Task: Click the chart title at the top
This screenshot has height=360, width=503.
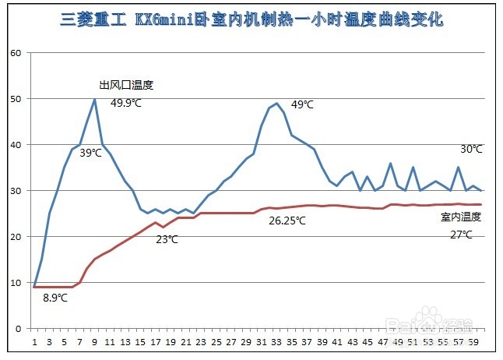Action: coord(251,19)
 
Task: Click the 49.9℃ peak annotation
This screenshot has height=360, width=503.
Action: coord(126,103)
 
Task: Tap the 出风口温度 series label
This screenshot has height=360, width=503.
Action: coord(126,85)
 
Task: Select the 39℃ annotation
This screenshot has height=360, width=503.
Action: coord(90,153)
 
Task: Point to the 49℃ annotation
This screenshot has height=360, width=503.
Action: coord(302,104)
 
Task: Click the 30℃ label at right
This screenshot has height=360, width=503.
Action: coord(471,149)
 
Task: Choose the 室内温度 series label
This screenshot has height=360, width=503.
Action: coord(461,217)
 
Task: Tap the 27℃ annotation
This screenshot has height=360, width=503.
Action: coord(461,235)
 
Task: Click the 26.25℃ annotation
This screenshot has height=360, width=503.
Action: coord(287,221)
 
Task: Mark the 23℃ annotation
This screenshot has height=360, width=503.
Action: coord(167,239)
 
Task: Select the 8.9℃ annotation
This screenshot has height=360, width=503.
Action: coord(55,298)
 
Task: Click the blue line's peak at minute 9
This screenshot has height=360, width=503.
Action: coord(94,99)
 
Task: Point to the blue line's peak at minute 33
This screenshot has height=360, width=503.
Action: coord(276,103)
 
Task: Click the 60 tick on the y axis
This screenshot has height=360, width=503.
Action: coord(16,53)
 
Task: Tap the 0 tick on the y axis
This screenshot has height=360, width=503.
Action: coord(18,329)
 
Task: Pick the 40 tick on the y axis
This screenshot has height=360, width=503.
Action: coord(16,145)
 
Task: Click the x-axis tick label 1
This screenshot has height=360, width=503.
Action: coord(34,342)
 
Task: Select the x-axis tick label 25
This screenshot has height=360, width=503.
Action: coord(216,342)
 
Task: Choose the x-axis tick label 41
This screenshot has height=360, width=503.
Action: coord(337,342)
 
